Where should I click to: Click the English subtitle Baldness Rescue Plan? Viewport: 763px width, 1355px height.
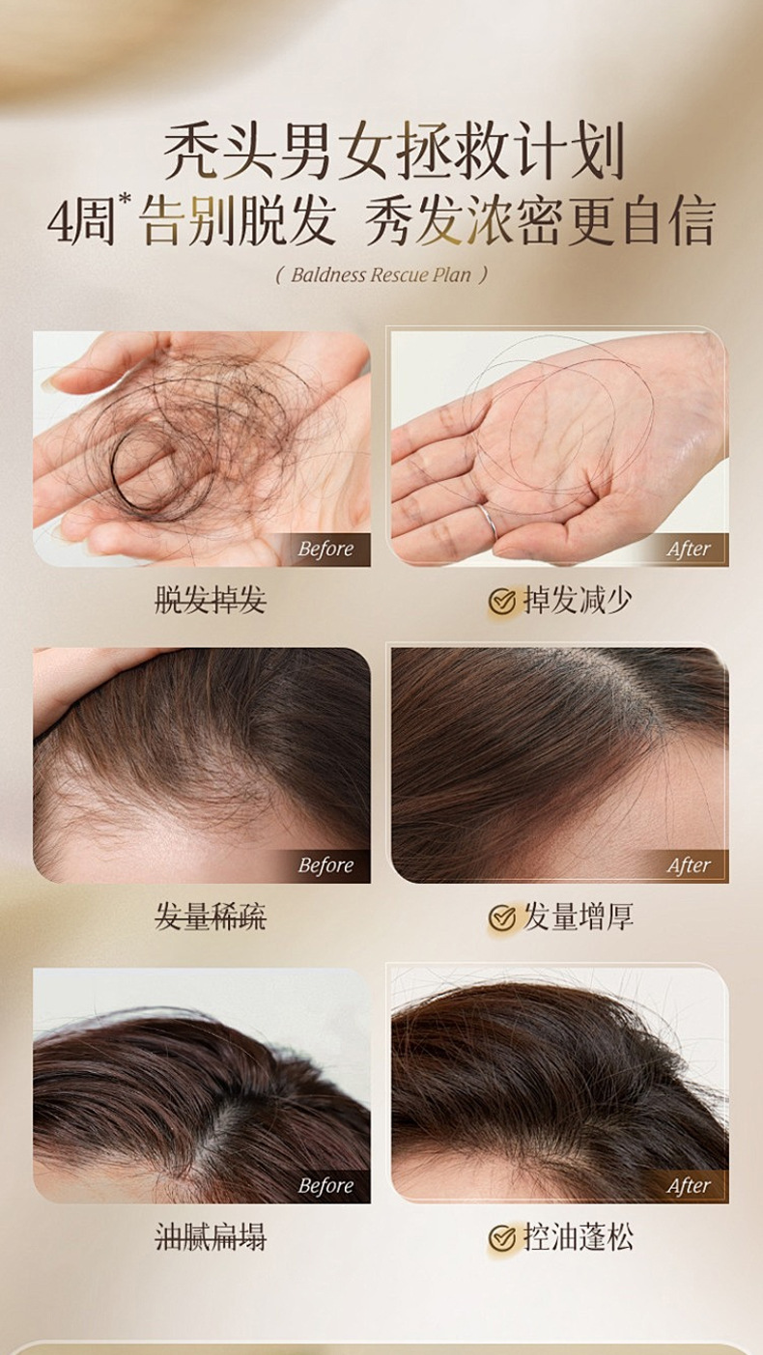tap(381, 275)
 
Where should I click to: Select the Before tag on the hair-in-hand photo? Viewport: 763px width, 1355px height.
tap(325, 549)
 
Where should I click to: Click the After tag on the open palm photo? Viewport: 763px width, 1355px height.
tap(689, 549)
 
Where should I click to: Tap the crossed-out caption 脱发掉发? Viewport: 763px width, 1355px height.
tap(211, 601)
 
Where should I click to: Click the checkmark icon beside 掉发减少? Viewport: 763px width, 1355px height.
tap(501, 601)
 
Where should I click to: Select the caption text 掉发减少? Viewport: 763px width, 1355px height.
tap(578, 601)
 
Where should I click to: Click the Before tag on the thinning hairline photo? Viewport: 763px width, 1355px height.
tap(325, 865)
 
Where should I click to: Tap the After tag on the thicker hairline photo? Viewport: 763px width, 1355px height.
tap(689, 865)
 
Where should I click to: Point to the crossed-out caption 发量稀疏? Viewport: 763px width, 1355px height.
tap(211, 917)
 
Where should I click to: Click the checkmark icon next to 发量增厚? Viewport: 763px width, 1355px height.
tap(501, 917)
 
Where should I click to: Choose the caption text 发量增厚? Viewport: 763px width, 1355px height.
tap(578, 917)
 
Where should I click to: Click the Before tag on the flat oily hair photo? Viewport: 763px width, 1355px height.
tap(325, 1186)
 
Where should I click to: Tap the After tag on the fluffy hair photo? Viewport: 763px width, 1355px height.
tap(689, 1186)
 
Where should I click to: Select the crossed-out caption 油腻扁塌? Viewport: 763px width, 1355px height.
tap(211, 1236)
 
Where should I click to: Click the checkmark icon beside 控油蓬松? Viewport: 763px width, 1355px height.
tap(501, 1237)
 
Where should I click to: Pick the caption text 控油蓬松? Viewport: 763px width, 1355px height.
tap(578, 1236)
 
